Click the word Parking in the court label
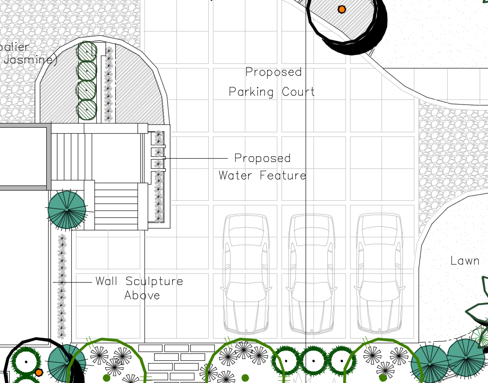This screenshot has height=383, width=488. click(x=251, y=92)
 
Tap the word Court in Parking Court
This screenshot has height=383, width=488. click(x=299, y=92)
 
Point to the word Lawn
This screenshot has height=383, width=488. click(x=465, y=261)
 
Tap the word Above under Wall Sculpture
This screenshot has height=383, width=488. click(x=142, y=296)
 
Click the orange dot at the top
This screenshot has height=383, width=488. click(x=342, y=9)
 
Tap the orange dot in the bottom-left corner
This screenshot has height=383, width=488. click(x=39, y=372)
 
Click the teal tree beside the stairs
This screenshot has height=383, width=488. click(x=67, y=210)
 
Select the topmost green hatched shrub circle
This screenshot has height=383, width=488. click(x=87, y=51)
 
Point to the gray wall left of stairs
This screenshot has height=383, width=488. click(x=48, y=157)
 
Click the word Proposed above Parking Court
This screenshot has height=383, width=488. click(x=273, y=72)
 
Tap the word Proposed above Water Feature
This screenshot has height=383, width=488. click(x=262, y=158)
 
